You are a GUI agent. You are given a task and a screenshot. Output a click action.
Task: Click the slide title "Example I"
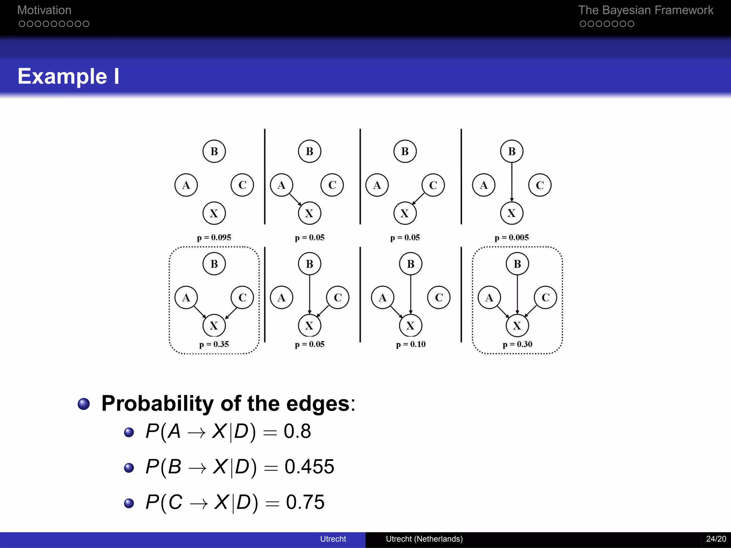68,76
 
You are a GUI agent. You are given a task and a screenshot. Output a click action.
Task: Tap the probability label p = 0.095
214,238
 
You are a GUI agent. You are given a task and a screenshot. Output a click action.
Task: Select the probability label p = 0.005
511,238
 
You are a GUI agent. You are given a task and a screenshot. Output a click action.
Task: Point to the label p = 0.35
214,344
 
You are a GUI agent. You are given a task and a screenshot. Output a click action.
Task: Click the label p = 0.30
517,344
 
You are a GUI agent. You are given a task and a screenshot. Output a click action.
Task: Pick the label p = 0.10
410,344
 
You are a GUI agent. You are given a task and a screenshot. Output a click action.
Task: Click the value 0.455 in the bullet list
309,467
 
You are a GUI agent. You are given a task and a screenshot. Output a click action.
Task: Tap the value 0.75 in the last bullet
305,502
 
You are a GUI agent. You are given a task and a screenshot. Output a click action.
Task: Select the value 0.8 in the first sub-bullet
297,431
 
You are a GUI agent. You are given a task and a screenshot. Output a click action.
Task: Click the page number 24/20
716,539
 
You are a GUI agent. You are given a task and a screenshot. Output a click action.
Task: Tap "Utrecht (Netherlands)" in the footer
424,539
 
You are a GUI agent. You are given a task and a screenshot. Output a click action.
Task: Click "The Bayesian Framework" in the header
645,10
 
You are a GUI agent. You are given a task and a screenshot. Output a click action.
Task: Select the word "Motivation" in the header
44,10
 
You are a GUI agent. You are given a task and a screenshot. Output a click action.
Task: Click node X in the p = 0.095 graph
214,213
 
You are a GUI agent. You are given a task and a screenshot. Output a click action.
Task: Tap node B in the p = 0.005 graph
511,151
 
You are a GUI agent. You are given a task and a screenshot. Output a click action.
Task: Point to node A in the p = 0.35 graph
186,298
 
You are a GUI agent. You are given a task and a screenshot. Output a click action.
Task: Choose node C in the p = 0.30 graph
545,298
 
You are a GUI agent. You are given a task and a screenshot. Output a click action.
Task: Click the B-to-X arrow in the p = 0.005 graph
511,182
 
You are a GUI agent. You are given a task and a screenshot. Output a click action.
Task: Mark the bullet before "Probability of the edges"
84,404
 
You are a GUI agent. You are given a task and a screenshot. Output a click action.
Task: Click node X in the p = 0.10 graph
410,325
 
